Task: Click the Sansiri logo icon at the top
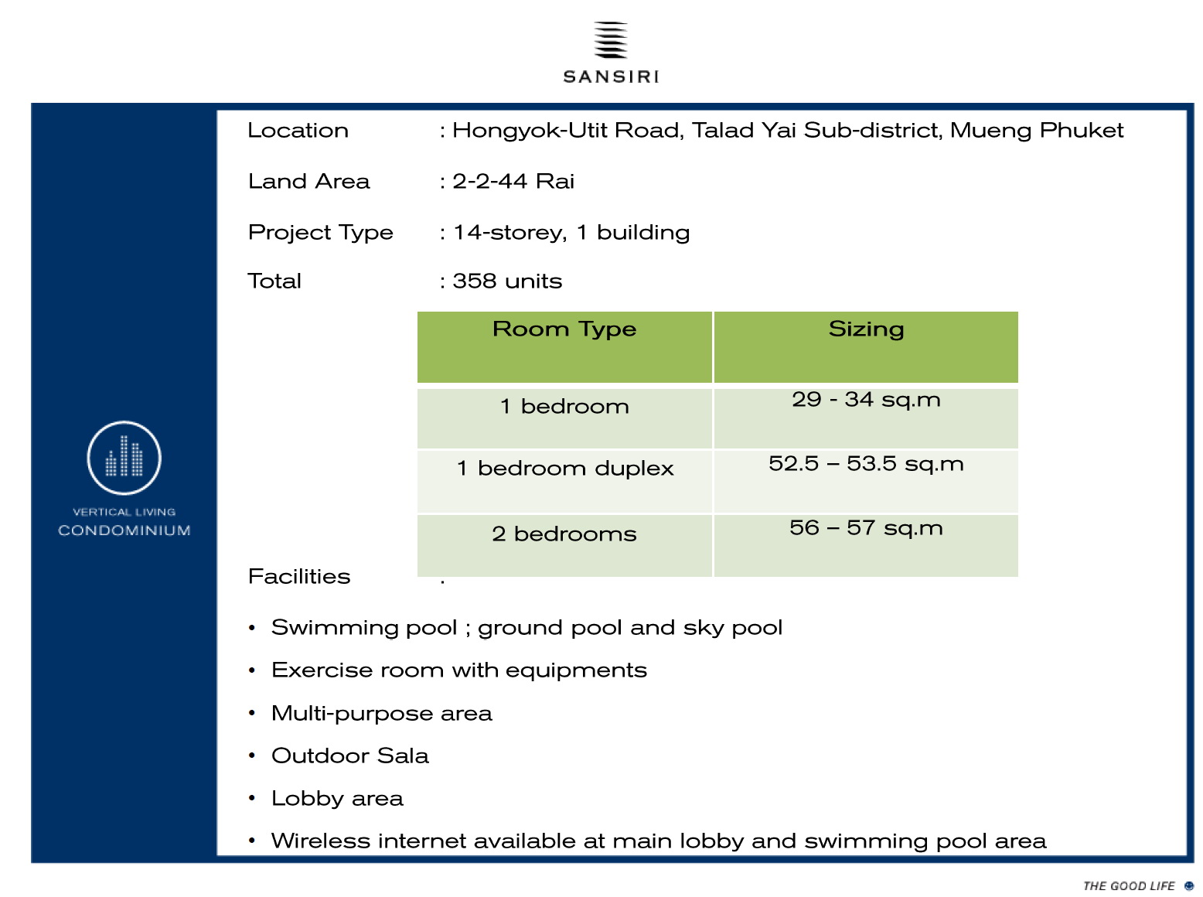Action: [x=610, y=39]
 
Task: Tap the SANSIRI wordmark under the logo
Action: [x=611, y=77]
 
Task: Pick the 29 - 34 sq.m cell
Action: [x=866, y=418]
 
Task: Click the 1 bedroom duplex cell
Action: [x=564, y=481]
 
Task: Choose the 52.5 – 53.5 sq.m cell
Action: [x=866, y=481]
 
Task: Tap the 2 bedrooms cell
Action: [x=564, y=545]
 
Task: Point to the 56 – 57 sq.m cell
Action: [x=866, y=545]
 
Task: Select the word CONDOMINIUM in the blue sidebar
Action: [x=124, y=530]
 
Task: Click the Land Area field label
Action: [x=308, y=181]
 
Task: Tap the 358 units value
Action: [x=507, y=281]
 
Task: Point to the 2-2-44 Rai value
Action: [x=513, y=181]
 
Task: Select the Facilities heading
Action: [x=298, y=576]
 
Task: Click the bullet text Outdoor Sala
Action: [x=349, y=755]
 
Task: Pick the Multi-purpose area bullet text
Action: [x=381, y=714]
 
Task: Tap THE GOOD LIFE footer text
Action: [x=1129, y=886]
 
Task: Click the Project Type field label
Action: [x=321, y=233]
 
